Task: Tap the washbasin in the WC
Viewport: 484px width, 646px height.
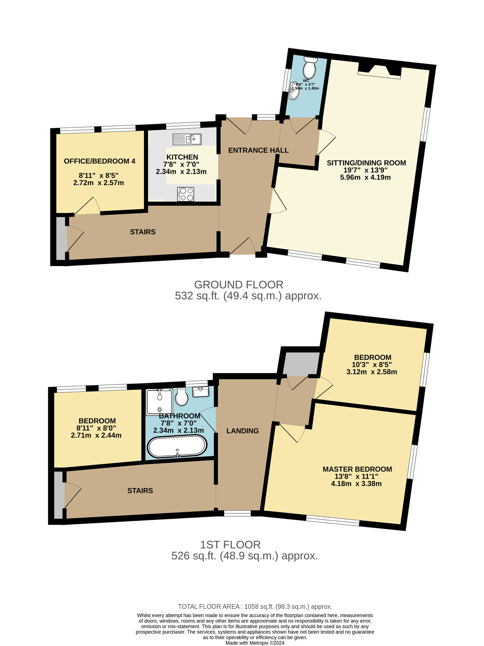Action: point(294,90)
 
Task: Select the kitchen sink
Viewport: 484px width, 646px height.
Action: point(187,139)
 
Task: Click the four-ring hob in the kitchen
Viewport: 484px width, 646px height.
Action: point(186,194)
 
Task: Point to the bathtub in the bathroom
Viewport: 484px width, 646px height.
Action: point(177,446)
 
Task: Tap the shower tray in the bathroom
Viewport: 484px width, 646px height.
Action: point(159,401)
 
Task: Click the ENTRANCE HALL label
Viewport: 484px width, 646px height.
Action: point(258,150)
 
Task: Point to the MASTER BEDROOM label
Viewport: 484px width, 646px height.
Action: point(357,469)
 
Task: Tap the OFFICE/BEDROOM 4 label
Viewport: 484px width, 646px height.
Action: point(99,161)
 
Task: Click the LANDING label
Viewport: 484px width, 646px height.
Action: point(242,431)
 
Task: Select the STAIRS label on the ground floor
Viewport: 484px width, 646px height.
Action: point(143,232)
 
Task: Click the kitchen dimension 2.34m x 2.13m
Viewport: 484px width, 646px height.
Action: point(181,172)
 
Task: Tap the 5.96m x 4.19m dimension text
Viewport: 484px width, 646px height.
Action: point(365,177)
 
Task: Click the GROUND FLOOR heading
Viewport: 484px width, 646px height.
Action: point(239,285)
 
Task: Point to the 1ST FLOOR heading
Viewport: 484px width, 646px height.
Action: point(230,545)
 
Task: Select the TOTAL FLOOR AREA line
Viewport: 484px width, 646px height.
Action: point(255,607)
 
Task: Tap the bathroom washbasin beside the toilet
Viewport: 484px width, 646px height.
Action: point(201,392)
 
